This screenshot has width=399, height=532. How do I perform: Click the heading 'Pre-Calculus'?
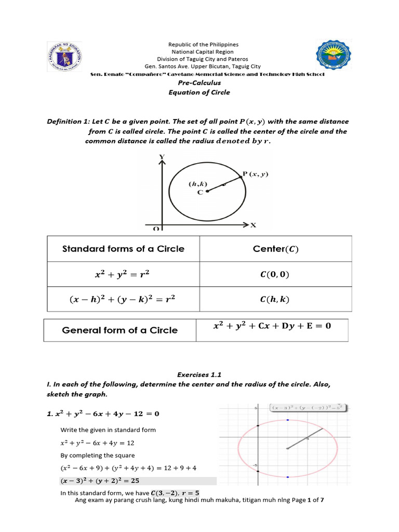click(199, 83)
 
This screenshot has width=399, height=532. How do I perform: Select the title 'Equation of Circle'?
click(199, 92)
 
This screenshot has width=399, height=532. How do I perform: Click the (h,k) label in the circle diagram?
click(198, 183)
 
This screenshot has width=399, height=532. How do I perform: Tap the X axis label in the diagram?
click(254, 225)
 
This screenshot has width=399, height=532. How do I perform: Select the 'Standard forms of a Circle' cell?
click(123, 249)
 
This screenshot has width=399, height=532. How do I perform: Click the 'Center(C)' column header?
click(275, 249)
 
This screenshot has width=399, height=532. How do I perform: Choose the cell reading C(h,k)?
click(275, 299)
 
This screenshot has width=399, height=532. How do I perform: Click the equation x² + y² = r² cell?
click(123, 274)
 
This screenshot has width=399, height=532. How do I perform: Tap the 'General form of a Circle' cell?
click(120, 330)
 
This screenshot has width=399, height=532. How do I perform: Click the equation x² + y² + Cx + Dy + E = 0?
click(272, 327)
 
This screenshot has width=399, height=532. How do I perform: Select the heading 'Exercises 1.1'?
click(199, 374)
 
